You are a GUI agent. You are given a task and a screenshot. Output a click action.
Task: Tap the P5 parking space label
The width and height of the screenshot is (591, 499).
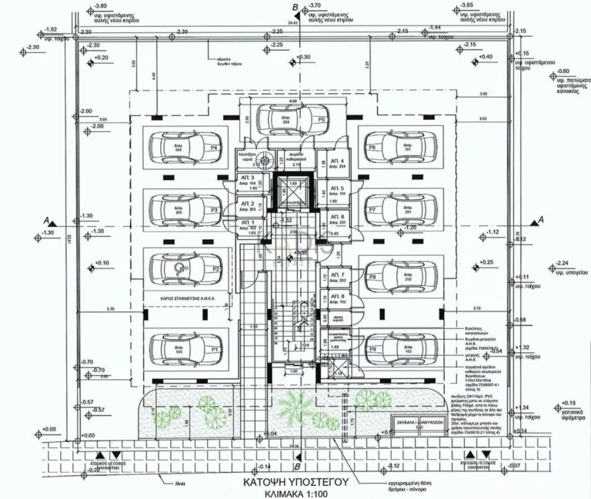coord(321,120)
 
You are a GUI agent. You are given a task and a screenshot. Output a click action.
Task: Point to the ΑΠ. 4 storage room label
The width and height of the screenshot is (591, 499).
coord(337,161)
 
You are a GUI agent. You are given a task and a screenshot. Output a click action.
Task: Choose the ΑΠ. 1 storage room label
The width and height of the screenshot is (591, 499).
coord(247,222)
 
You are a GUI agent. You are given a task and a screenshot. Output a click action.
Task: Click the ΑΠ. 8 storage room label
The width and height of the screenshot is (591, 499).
coord(337,295)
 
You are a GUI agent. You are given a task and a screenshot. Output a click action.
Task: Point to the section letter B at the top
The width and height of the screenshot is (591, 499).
coord(295,8)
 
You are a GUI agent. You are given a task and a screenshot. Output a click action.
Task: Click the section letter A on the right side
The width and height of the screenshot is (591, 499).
coord(541,220)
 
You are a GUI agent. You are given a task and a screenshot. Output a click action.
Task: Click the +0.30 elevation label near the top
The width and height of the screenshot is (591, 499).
coord(303,58)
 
